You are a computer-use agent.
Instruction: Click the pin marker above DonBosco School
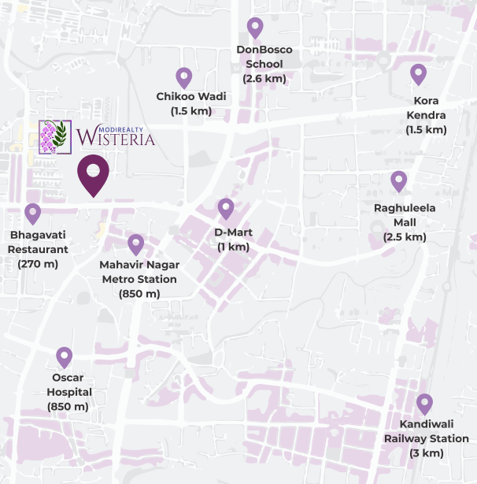[255, 28]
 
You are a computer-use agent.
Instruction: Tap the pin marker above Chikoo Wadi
[184, 77]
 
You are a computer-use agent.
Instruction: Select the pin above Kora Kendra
[418, 74]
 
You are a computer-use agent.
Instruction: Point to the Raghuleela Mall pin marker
[399, 181]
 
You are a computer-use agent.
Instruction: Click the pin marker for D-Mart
[226, 209]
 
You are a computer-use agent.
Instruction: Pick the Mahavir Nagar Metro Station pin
[136, 244]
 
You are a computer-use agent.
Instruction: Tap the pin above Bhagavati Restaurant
[33, 213]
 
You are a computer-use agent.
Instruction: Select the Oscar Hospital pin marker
[65, 357]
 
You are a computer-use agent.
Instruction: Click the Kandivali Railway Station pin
[424, 404]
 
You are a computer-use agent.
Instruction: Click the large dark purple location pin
[93, 175]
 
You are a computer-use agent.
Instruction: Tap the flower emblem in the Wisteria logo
[55, 137]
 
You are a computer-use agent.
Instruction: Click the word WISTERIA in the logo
[116, 140]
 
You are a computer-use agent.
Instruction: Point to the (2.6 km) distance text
[264, 79]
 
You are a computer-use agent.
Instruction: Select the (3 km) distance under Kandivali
[426, 453]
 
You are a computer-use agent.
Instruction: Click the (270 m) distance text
[39, 263]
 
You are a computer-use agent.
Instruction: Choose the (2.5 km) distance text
[405, 236]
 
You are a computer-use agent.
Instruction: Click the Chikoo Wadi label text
[191, 96]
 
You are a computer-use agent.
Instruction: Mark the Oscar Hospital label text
[69, 384]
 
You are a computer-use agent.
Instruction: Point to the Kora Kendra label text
[426, 108]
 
